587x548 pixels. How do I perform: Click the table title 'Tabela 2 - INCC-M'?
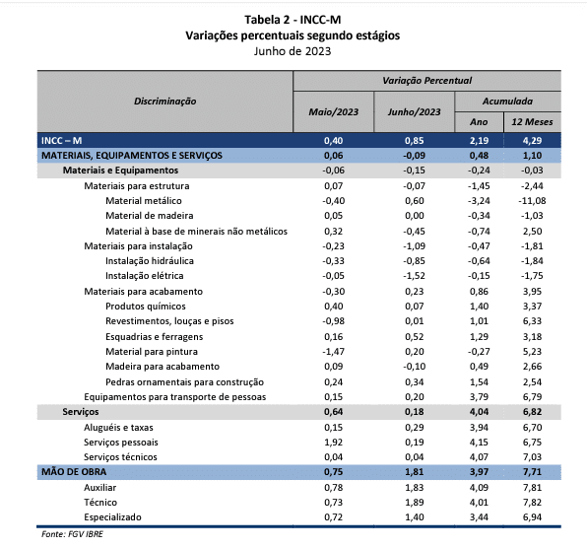tap(293, 20)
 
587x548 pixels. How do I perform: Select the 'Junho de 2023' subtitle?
tap(293, 51)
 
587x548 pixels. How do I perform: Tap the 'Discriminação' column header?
tap(165, 102)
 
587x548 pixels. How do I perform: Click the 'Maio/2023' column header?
tap(333, 112)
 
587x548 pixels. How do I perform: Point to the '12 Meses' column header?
tap(532, 122)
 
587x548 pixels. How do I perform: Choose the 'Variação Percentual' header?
tap(426, 81)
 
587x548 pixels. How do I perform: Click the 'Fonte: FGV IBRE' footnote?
tap(72, 534)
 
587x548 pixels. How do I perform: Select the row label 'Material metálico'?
tap(144, 201)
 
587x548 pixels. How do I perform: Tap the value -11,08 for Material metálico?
tap(532, 201)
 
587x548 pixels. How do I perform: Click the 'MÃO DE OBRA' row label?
tap(74, 471)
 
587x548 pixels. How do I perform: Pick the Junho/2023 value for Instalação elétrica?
tap(414, 276)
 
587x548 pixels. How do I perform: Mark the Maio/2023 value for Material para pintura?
tap(333, 351)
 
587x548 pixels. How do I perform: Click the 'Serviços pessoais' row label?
tap(121, 443)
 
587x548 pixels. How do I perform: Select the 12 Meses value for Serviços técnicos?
tap(532, 457)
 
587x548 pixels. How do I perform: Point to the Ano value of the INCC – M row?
tap(479, 141)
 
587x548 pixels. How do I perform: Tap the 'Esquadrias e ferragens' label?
tap(155, 337)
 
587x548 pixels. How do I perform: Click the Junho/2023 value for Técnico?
tap(414, 503)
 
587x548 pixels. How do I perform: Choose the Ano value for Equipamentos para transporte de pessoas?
tap(479, 396)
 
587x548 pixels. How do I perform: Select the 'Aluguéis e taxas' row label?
tap(118, 428)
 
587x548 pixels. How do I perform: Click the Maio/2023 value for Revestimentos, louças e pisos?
tap(333, 321)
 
